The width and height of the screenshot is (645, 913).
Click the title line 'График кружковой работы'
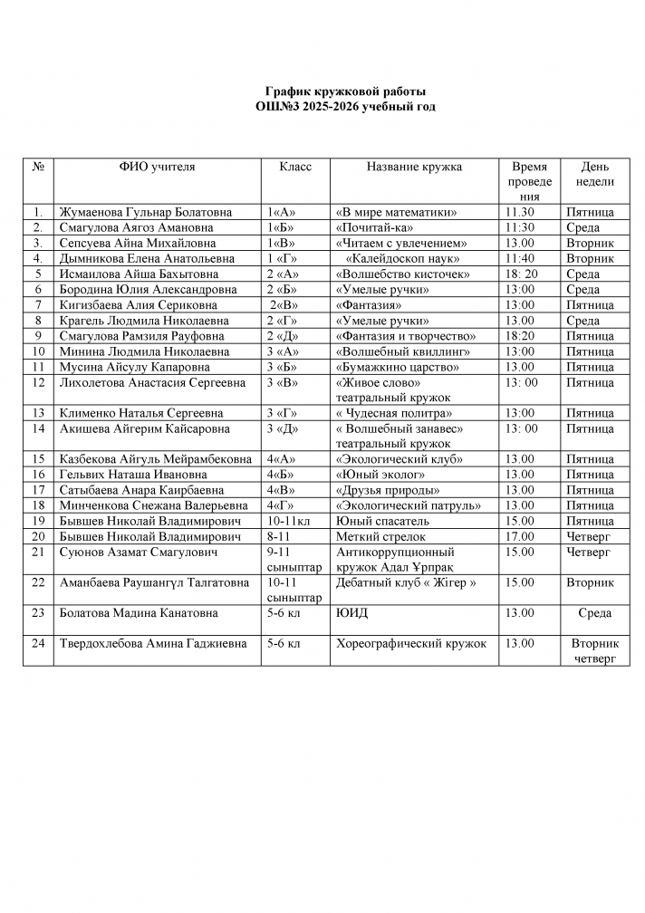(x=344, y=91)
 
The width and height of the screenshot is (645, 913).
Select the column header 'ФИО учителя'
(x=157, y=168)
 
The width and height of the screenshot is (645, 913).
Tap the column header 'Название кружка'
(x=414, y=168)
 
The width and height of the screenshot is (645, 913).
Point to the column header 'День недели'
(x=594, y=174)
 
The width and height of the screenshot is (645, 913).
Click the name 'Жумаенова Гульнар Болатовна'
(x=145, y=213)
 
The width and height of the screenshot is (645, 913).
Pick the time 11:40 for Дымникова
(x=519, y=259)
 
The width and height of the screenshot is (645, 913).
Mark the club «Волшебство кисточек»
(x=403, y=274)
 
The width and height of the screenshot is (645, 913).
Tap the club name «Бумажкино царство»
(x=397, y=367)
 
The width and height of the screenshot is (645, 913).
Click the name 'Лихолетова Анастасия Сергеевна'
(x=152, y=383)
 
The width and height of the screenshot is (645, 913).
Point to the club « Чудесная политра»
(x=391, y=413)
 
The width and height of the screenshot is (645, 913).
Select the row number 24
(x=38, y=644)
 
